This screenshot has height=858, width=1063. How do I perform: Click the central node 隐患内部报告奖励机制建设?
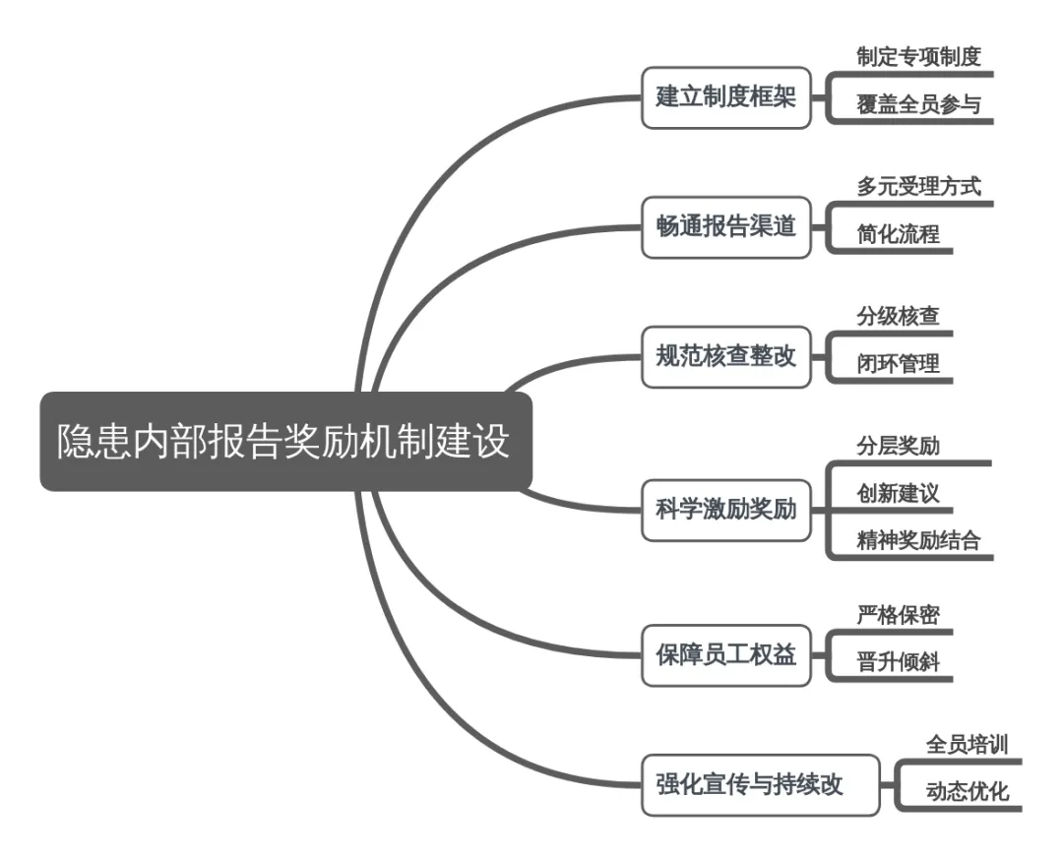click(x=285, y=441)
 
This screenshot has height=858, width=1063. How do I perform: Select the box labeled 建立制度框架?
click(x=726, y=97)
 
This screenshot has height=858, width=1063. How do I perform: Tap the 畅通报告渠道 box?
click(x=726, y=228)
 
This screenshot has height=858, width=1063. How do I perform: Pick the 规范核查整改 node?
click(x=726, y=357)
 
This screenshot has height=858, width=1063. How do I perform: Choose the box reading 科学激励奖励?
click(x=726, y=511)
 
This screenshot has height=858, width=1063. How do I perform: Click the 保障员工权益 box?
click(x=726, y=653)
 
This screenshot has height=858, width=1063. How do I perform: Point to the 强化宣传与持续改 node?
click(x=761, y=785)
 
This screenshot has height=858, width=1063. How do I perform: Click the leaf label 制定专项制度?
click(x=918, y=57)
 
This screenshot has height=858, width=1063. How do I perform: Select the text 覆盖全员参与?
click(x=918, y=105)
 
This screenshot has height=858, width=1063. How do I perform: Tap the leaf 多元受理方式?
click(x=918, y=187)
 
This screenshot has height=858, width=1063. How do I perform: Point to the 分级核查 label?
click(x=898, y=316)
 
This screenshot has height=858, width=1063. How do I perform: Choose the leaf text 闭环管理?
click(x=898, y=364)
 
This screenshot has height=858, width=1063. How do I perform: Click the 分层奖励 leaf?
click(x=898, y=445)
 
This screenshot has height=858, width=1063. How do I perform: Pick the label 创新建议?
click(x=898, y=492)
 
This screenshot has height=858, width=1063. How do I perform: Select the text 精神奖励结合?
click(x=918, y=540)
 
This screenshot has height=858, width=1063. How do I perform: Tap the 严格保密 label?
click(x=898, y=615)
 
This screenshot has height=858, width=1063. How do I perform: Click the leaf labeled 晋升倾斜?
click(x=898, y=662)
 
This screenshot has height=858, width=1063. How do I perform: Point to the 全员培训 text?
click(x=967, y=744)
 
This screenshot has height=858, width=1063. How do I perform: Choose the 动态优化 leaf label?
click(x=967, y=791)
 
